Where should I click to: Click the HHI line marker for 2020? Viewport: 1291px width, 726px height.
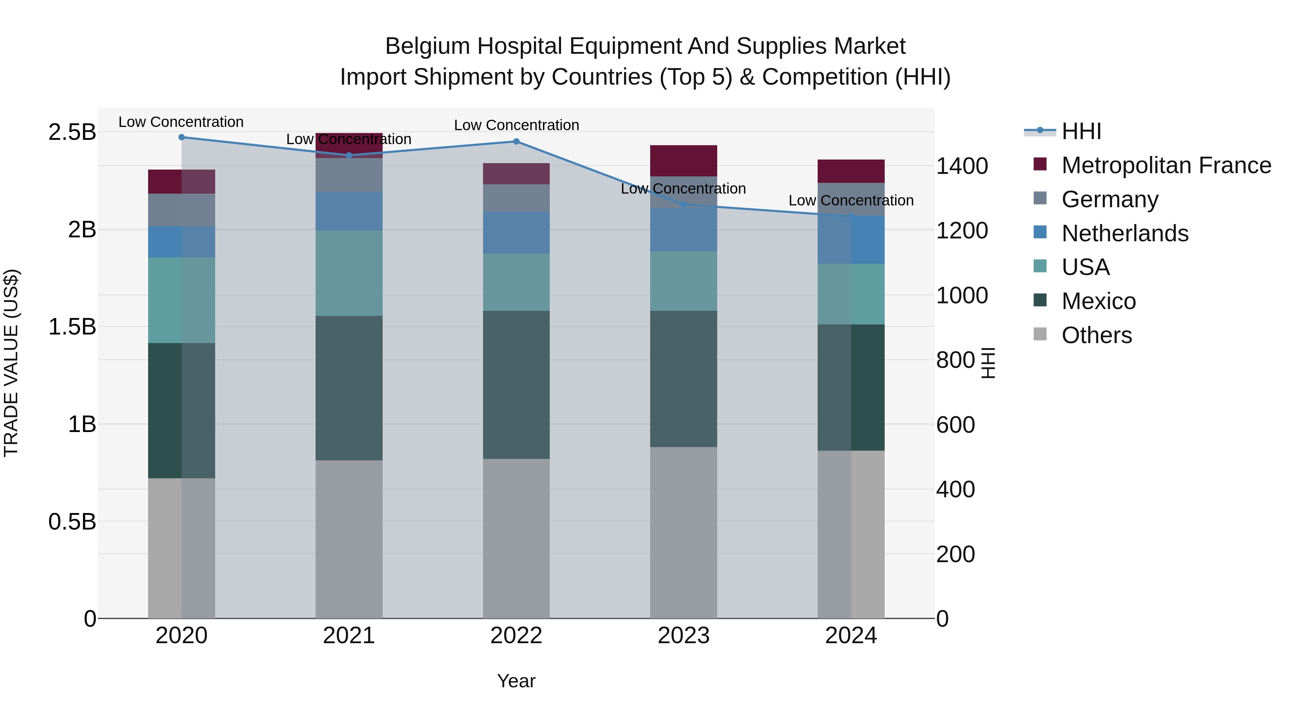(x=181, y=137)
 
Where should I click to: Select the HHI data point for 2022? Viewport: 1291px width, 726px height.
(x=516, y=142)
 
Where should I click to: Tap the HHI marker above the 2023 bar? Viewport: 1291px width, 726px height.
(x=684, y=204)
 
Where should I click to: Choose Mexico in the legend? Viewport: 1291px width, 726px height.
(x=1098, y=301)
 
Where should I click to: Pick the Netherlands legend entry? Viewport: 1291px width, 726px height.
(x=1125, y=233)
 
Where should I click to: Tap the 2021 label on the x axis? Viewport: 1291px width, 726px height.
(x=349, y=636)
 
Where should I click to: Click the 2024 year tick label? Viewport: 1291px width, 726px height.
(x=851, y=636)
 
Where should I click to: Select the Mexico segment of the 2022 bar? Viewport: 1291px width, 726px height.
(x=516, y=385)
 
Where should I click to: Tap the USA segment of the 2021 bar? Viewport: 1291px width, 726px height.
(x=349, y=273)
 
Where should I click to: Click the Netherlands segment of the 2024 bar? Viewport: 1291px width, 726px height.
(x=851, y=240)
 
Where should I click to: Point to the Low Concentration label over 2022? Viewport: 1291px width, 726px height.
(x=516, y=125)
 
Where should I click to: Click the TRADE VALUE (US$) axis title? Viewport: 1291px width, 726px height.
(x=11, y=363)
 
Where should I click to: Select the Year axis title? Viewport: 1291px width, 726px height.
(x=516, y=681)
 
